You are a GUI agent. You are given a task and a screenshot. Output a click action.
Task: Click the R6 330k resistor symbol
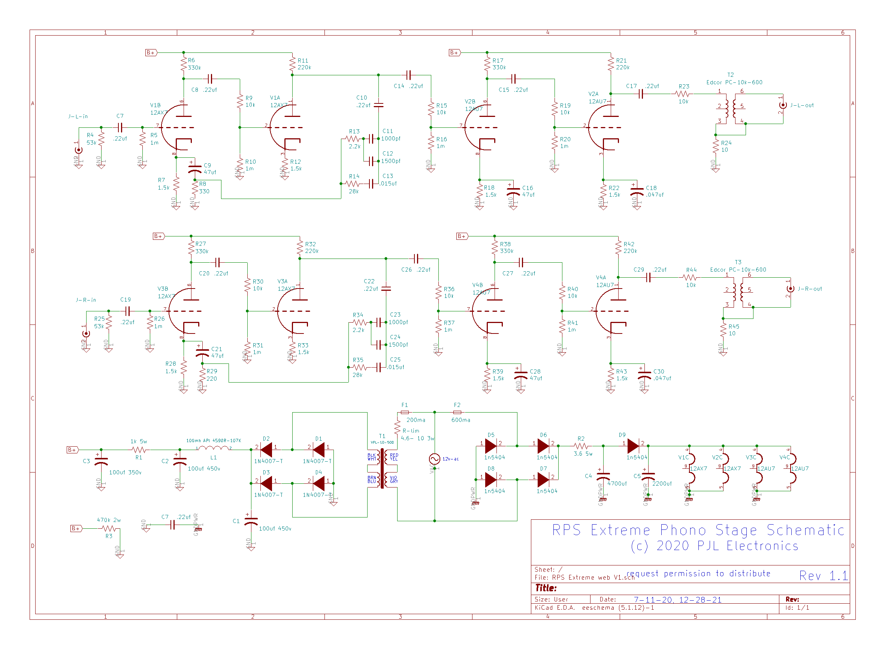[x=184, y=64]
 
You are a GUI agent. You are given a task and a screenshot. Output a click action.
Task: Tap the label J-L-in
[x=78, y=116]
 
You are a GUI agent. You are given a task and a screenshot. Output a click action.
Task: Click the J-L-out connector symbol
[x=782, y=105]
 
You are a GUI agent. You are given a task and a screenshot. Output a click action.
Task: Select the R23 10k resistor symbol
[x=683, y=94]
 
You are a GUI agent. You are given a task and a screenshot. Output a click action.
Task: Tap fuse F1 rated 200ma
[x=405, y=412]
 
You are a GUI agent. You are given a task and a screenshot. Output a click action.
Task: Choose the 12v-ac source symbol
[x=435, y=459]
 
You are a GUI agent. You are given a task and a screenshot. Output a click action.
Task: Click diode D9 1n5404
[x=633, y=446]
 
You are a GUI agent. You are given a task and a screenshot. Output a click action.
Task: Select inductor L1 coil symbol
[x=213, y=448]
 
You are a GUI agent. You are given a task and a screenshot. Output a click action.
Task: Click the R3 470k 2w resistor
[x=109, y=528]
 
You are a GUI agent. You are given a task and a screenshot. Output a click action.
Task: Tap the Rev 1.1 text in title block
[x=823, y=576]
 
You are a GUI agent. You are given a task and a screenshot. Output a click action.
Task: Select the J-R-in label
[x=86, y=300]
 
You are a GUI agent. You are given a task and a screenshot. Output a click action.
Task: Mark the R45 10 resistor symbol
[x=723, y=330]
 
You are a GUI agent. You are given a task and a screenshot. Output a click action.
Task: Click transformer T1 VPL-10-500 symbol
[x=382, y=468]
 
